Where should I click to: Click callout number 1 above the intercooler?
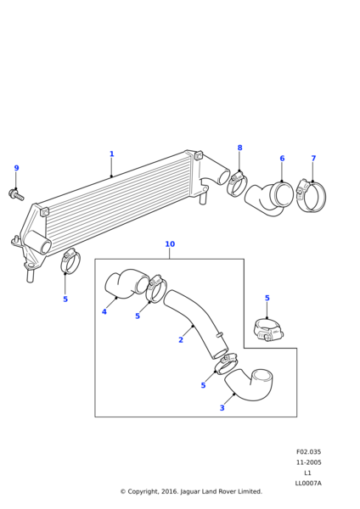[112, 154]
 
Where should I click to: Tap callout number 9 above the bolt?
[17, 168]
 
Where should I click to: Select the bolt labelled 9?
[16, 194]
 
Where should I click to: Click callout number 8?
[239, 148]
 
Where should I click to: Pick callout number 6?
[282, 159]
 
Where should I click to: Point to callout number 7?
[313, 158]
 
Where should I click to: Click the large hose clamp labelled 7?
[312, 196]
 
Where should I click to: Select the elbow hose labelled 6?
[269, 199]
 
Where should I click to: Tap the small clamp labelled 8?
[237, 183]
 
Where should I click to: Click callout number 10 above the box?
[170, 243]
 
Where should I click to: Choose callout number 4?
[104, 311]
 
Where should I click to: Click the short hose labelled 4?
[127, 283]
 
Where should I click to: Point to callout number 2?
[181, 340]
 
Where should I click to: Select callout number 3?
[222, 408]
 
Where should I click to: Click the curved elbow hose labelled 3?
[249, 386]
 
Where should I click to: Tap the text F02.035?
[308, 451]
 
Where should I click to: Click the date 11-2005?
[308, 462]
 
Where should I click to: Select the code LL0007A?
[308, 483]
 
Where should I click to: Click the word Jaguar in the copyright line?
[189, 491]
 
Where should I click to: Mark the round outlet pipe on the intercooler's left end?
[38, 242]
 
